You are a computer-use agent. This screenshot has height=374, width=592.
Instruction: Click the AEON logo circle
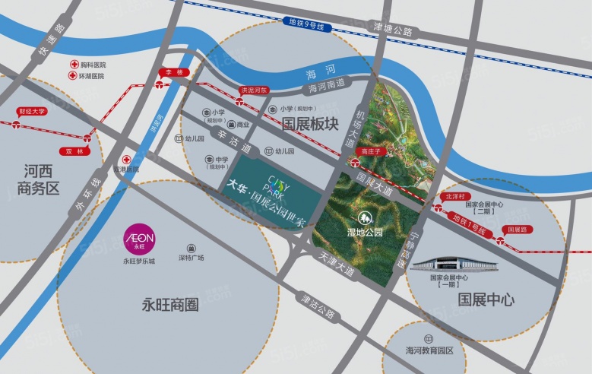139,238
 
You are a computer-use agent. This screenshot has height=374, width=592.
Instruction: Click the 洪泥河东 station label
254,90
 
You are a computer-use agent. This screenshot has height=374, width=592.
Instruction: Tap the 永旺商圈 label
170,304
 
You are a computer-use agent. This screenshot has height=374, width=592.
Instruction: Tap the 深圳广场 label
192,258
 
